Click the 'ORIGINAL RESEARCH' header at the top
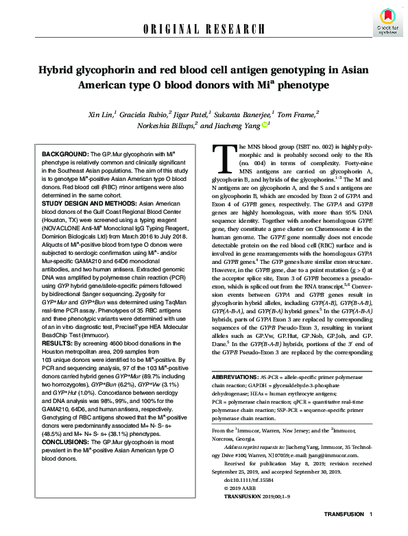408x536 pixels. point(204,28)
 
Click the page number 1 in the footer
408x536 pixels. point(371,515)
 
